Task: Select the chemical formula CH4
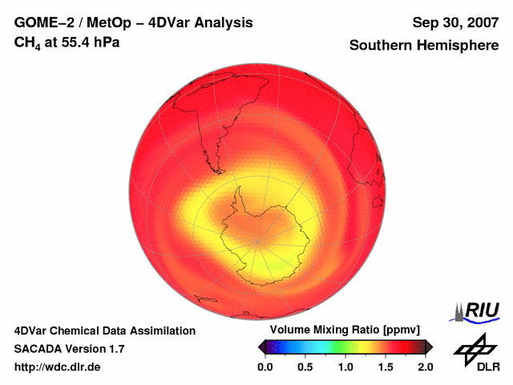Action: [28, 42]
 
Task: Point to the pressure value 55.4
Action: [72, 41]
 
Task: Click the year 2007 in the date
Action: [479, 22]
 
